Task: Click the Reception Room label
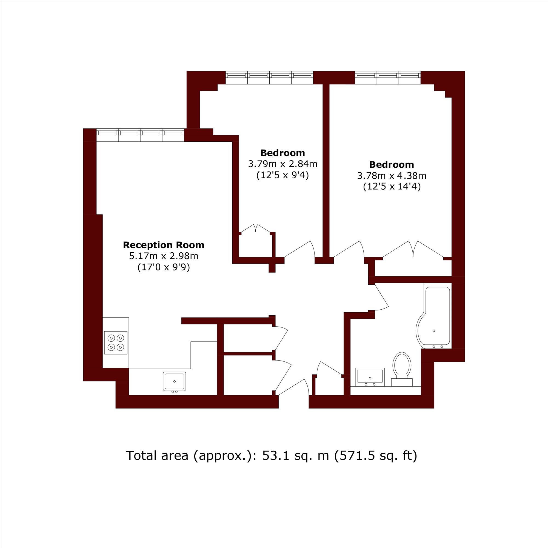[x=163, y=245]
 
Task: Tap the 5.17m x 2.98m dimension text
[x=163, y=256]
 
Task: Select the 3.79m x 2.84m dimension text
[x=282, y=164]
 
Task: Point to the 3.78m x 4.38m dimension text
[x=392, y=176]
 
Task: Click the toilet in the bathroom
[x=402, y=369]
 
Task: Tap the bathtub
[x=433, y=317]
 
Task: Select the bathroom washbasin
[x=370, y=377]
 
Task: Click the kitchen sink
[x=175, y=381]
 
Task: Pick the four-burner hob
[x=116, y=343]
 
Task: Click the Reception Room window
[x=140, y=135]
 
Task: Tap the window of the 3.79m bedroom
[x=269, y=78]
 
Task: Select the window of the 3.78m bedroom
[x=388, y=78]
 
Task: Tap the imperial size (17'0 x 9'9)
[x=163, y=267]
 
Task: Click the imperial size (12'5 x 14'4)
[x=392, y=187]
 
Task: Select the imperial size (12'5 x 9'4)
[x=282, y=175]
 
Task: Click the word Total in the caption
[x=141, y=456]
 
